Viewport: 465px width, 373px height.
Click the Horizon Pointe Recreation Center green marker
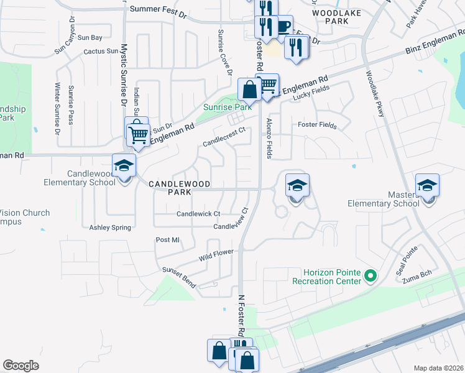371,275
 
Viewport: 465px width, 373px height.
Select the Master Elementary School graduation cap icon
428,186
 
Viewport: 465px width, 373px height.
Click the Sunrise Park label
228,107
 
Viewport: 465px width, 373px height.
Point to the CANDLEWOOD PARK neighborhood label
179,188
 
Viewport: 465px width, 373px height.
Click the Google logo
21,366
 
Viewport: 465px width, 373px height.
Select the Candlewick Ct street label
198,214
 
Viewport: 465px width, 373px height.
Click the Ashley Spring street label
111,228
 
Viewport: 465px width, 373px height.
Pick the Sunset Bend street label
180,278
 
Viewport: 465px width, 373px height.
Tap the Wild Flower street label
216,255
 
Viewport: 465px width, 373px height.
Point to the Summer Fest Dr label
159,9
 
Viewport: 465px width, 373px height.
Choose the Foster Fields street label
317,126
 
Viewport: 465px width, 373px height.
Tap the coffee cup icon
283,26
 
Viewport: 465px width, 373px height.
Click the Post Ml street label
167,240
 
